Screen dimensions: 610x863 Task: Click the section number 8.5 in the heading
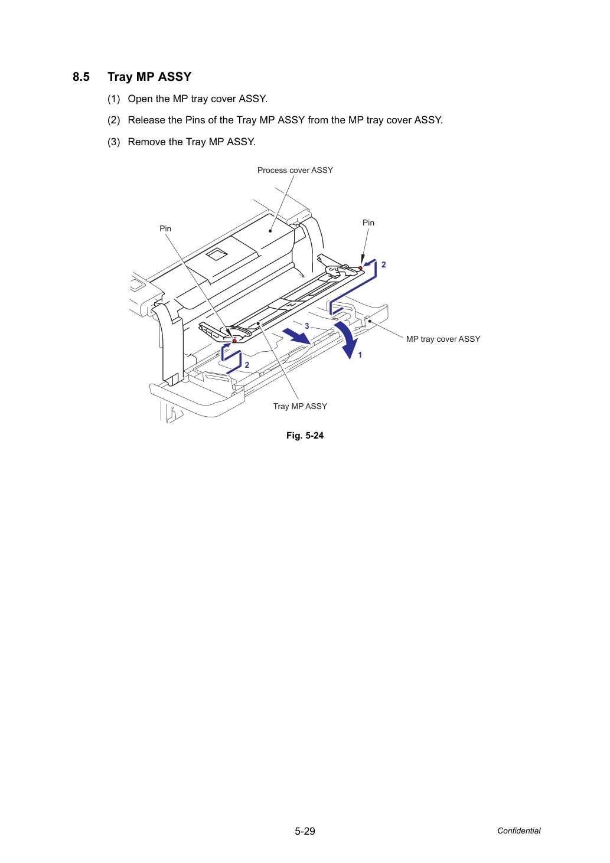click(81, 77)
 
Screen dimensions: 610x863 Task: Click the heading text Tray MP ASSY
click(149, 77)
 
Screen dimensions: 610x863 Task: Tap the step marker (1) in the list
click(114, 99)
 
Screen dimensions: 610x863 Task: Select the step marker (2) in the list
click(114, 120)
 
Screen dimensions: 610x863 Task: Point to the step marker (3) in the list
click(114, 142)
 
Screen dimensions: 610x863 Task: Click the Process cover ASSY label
click(295, 170)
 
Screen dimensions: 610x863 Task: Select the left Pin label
click(165, 228)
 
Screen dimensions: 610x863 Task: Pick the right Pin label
click(368, 223)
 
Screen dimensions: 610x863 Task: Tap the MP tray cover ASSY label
click(443, 339)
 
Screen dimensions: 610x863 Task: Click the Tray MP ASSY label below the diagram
click(300, 406)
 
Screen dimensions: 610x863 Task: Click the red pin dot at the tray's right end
click(361, 268)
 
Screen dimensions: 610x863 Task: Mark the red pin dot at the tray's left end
click(234, 341)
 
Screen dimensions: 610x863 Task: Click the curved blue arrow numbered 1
click(348, 338)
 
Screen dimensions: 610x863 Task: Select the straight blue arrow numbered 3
click(296, 336)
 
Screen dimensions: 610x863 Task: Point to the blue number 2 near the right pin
click(383, 264)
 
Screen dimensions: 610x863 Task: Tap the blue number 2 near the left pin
click(247, 365)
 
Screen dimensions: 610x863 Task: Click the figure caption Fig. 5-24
click(305, 436)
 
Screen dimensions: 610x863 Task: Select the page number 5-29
click(305, 831)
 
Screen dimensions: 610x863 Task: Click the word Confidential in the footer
click(518, 831)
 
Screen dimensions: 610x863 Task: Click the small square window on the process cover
click(217, 254)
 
